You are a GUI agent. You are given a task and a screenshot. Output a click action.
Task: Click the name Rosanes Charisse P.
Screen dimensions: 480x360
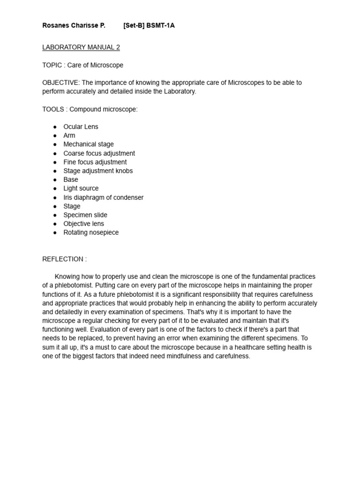coord(74,25)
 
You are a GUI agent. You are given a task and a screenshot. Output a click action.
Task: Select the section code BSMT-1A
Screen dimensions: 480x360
coord(160,25)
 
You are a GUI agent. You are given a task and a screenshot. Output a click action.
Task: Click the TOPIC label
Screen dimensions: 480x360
coord(52,65)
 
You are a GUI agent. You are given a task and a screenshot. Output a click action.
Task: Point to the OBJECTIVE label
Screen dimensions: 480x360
coord(61,82)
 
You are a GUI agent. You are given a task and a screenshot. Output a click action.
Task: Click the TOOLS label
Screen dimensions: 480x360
coord(53,109)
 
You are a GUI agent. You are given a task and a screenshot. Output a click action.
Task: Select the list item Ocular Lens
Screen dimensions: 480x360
coord(81,127)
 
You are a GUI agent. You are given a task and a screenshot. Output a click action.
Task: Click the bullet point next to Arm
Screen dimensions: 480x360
coord(55,135)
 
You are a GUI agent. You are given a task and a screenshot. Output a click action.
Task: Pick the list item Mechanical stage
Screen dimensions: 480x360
coord(89,144)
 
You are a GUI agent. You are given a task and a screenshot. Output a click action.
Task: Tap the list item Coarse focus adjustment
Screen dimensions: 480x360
coord(99,153)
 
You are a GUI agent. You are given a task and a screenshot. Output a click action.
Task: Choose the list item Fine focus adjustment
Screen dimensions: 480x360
coord(95,162)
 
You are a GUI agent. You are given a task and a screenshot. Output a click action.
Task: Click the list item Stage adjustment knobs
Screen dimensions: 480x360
coord(98,171)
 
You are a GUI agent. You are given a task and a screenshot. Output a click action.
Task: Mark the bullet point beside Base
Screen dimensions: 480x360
coord(55,180)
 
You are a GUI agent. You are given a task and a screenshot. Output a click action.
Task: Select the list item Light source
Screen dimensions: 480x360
coord(81,188)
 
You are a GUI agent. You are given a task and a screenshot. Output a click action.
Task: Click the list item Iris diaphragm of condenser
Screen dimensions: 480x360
coord(104,197)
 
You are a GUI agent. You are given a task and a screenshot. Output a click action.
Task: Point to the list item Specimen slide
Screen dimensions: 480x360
coord(85,215)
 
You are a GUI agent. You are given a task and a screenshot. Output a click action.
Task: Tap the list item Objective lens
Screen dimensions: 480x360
coord(84,224)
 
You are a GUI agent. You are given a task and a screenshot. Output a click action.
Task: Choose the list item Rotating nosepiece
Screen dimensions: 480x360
coord(91,232)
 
